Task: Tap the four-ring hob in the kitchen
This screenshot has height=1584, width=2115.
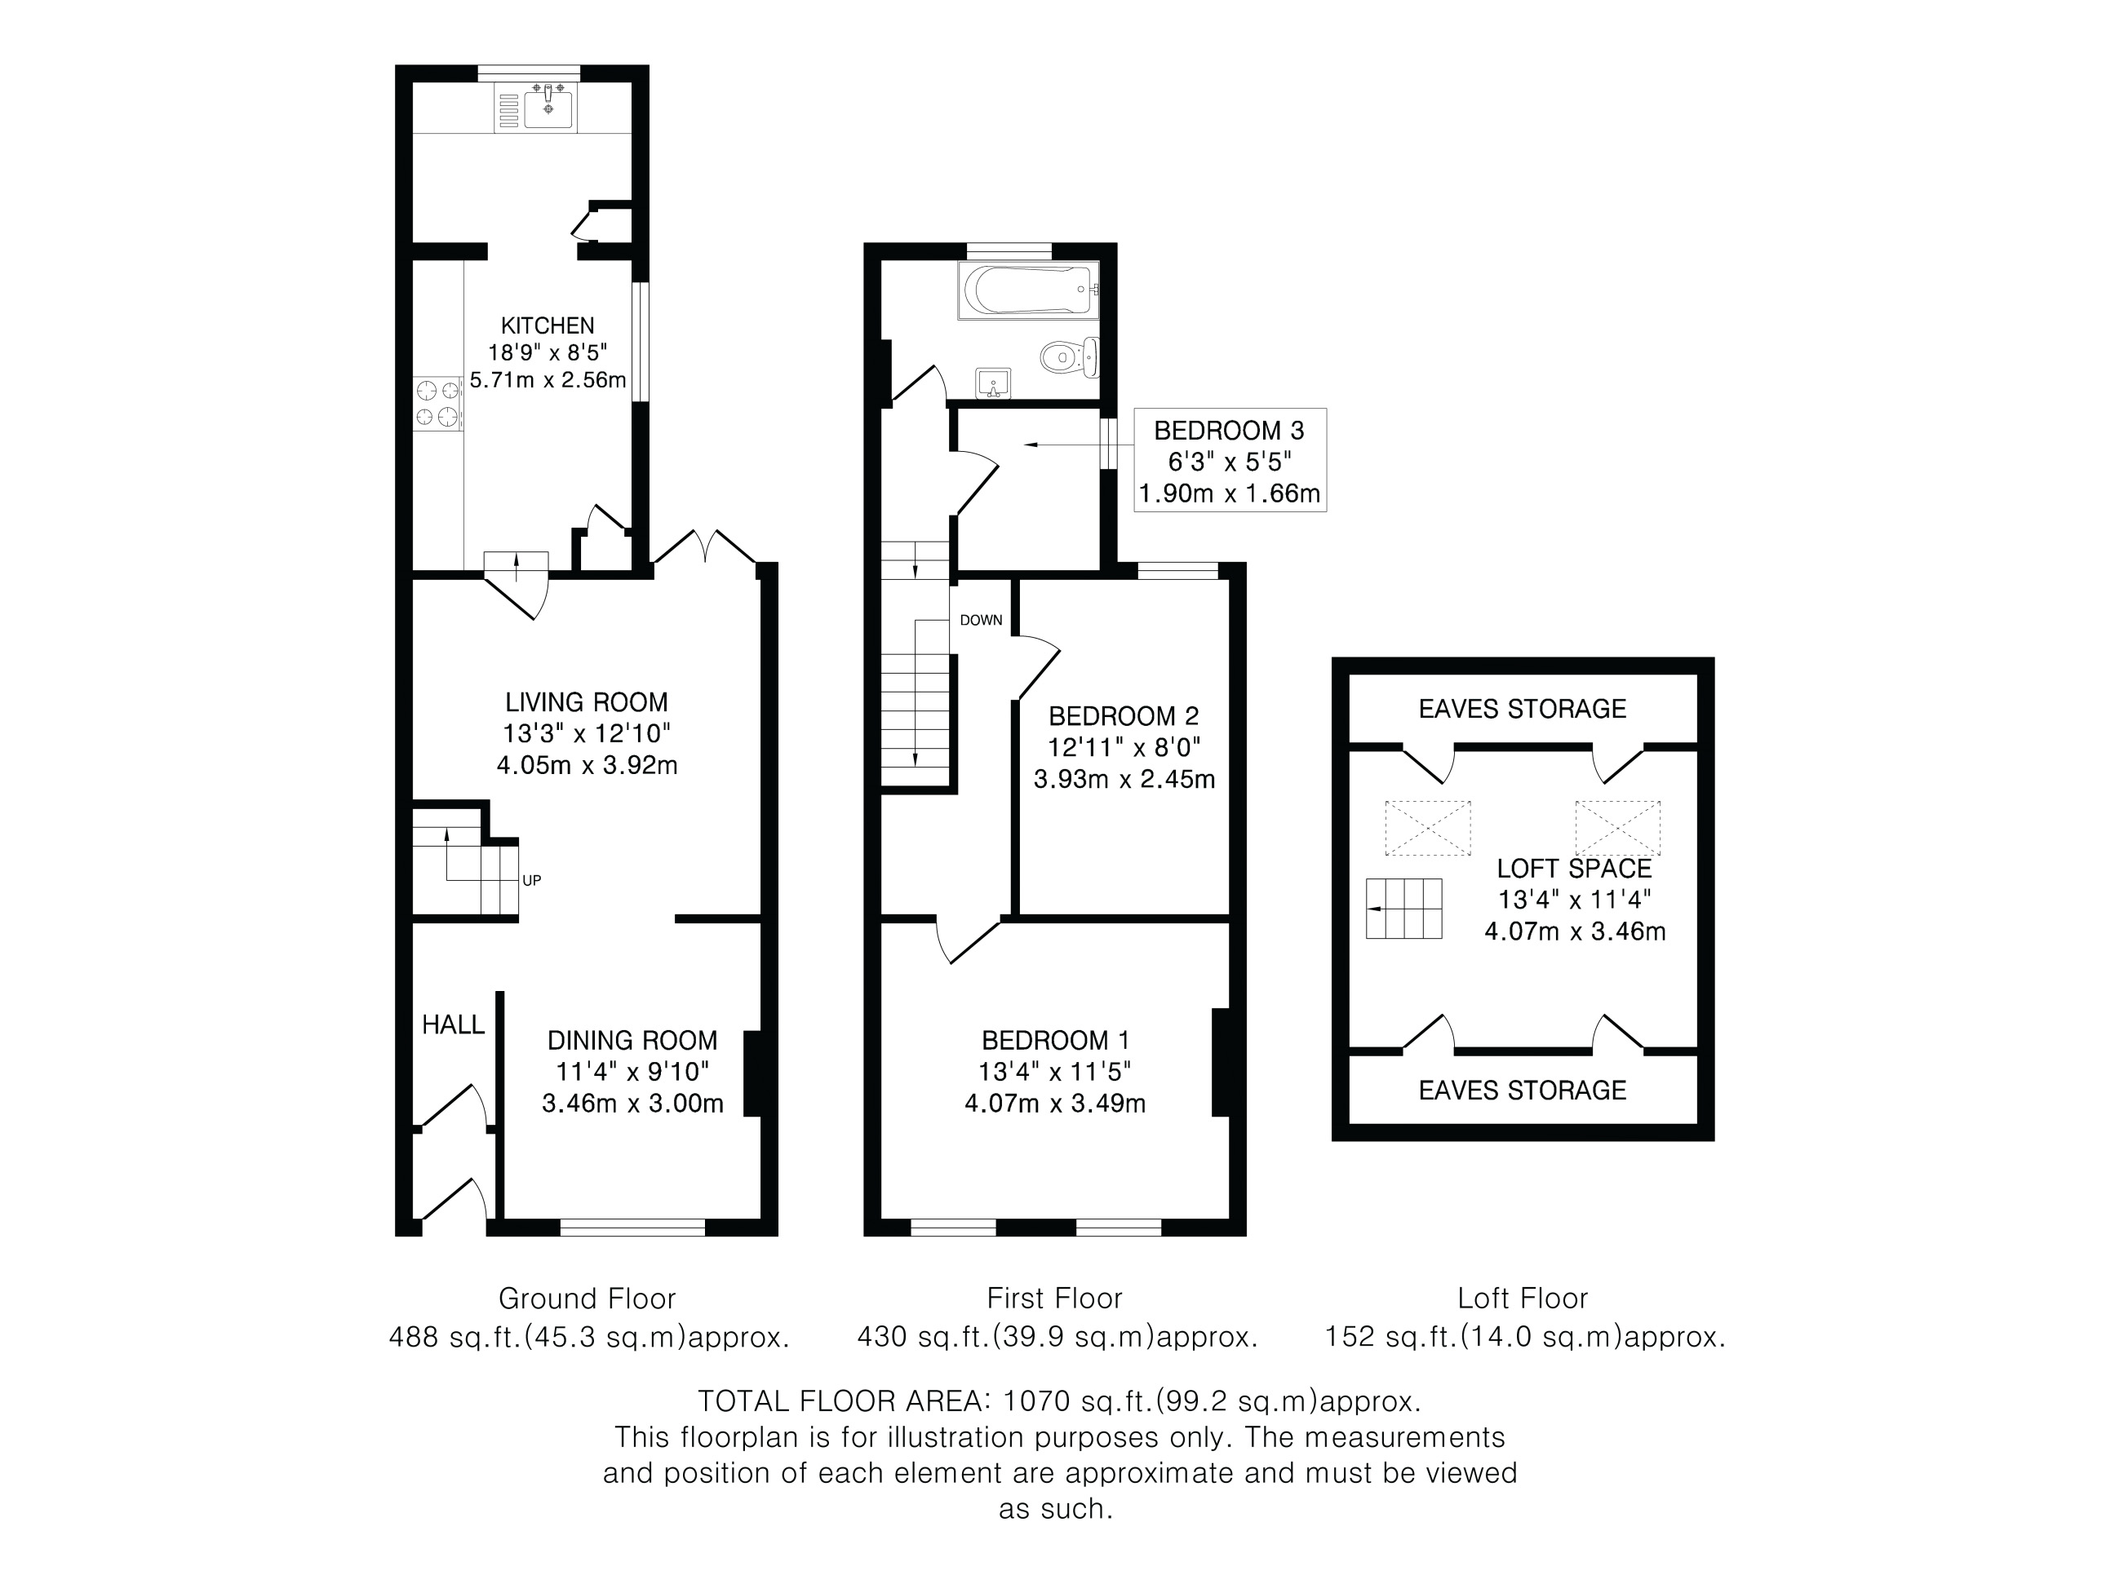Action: tap(438, 404)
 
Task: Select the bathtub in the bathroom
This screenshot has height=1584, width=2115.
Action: tap(1029, 290)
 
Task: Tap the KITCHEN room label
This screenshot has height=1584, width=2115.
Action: tap(548, 325)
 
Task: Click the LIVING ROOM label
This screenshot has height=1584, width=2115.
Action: tap(586, 701)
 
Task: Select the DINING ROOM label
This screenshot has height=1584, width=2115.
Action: tap(632, 1040)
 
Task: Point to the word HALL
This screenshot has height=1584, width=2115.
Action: tap(453, 1024)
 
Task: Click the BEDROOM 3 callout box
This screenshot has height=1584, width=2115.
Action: tap(1230, 460)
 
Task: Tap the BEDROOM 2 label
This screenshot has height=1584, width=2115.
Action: tap(1124, 715)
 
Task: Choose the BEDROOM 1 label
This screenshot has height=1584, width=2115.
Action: tap(1054, 1040)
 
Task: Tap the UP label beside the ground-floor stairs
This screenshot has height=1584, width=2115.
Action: tap(532, 879)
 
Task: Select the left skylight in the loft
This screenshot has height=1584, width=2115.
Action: tap(1427, 828)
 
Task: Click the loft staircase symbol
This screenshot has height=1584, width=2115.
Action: tap(1403, 908)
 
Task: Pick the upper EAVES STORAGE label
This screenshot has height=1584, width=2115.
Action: tap(1522, 708)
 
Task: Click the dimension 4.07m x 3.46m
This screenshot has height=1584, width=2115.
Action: tap(1575, 931)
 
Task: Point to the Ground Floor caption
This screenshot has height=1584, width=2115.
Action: tap(587, 1299)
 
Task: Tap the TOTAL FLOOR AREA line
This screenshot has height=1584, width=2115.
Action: tap(1059, 1401)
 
